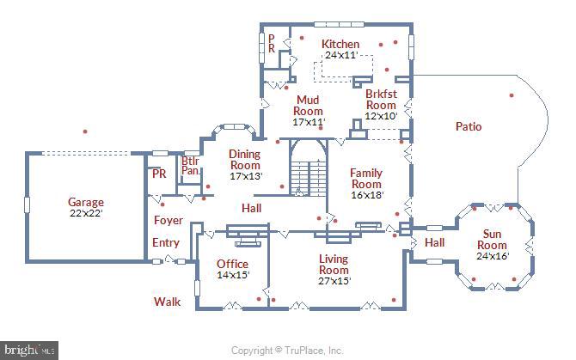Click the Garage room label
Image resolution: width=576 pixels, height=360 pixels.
(x=86, y=202)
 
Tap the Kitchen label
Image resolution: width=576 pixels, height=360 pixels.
(x=340, y=44)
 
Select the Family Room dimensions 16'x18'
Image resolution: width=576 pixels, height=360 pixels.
(x=367, y=195)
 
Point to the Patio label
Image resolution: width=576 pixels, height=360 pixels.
(x=469, y=126)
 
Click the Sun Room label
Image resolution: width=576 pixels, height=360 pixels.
(x=492, y=239)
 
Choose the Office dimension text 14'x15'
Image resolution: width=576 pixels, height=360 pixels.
(x=233, y=275)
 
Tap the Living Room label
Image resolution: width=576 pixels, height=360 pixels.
(x=334, y=265)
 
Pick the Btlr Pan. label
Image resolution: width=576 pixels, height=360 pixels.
(x=190, y=166)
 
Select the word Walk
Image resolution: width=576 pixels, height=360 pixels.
(x=167, y=302)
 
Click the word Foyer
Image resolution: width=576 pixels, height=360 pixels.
(x=169, y=220)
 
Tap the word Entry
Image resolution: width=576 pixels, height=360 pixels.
(x=166, y=242)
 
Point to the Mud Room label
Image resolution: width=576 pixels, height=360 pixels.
(x=308, y=106)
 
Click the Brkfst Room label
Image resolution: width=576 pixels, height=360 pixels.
(x=382, y=100)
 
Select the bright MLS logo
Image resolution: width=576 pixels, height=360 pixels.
(x=29, y=350)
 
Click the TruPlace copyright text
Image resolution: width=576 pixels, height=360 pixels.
(x=287, y=351)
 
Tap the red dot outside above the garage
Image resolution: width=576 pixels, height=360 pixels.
(x=85, y=131)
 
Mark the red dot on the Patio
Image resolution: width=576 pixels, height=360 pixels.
(x=512, y=95)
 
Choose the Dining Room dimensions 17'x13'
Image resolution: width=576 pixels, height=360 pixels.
(x=246, y=176)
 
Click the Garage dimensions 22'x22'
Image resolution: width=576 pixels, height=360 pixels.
(x=86, y=213)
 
